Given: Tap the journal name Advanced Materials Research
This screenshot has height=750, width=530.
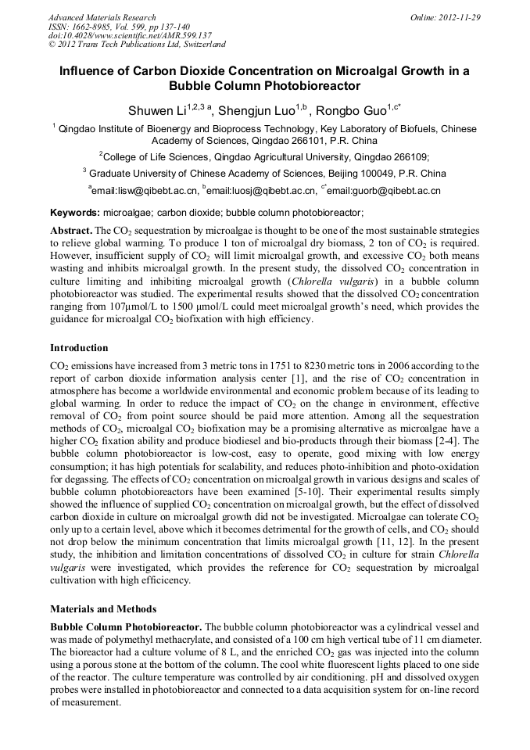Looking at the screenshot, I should pos(102,17).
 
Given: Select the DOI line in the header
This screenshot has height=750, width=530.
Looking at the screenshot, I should pos(130,35).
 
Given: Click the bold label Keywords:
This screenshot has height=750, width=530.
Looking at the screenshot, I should pos(75,213).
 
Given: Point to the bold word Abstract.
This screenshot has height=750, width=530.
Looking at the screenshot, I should pos(70,231).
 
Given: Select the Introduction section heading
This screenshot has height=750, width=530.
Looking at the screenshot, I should pos(79,347).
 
